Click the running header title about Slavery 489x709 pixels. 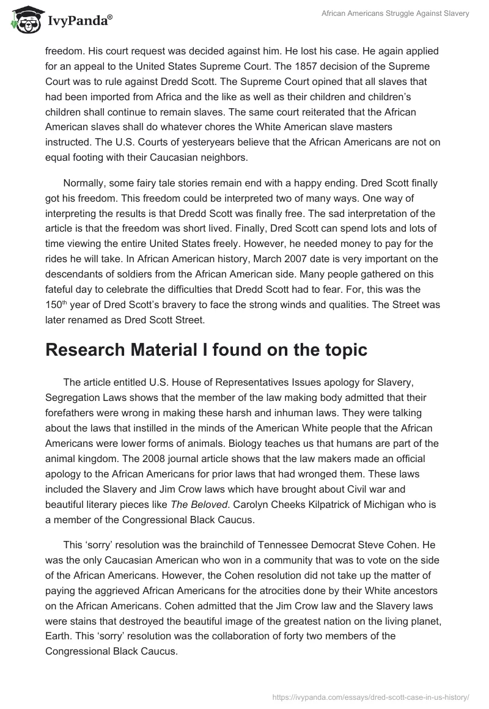tap(395, 14)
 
